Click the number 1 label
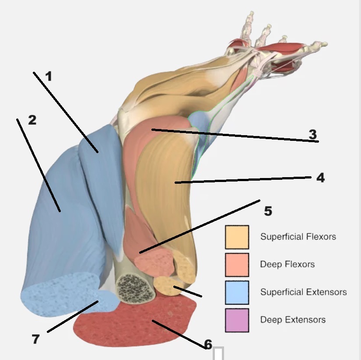(x=48, y=77)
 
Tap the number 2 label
(x=32, y=120)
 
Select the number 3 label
(x=312, y=134)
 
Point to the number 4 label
(x=320, y=178)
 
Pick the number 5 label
(x=268, y=211)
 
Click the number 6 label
(x=208, y=344)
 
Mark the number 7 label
(x=36, y=339)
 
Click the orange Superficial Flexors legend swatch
(x=237, y=237)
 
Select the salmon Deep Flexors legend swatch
(x=237, y=264)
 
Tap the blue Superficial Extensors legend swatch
(x=237, y=292)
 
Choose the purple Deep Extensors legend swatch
(x=237, y=320)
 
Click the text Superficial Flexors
(x=298, y=237)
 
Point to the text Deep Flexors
(x=287, y=264)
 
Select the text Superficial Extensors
(x=303, y=292)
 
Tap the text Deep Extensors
(x=293, y=320)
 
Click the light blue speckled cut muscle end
(x=66, y=293)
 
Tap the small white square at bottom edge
(x=218, y=353)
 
